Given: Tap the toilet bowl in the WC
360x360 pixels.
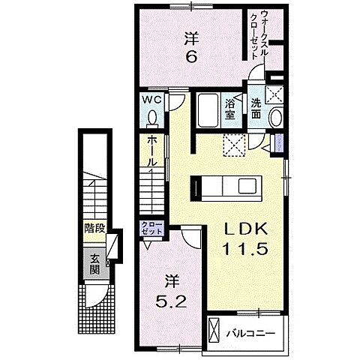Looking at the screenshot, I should pos(152,118).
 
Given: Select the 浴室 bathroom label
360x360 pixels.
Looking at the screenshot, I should pos(232,111).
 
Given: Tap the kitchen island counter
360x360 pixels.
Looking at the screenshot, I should pos(227,184).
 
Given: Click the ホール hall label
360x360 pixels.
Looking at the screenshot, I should pos(152,150).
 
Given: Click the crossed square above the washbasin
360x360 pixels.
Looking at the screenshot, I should pos(275,94).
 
